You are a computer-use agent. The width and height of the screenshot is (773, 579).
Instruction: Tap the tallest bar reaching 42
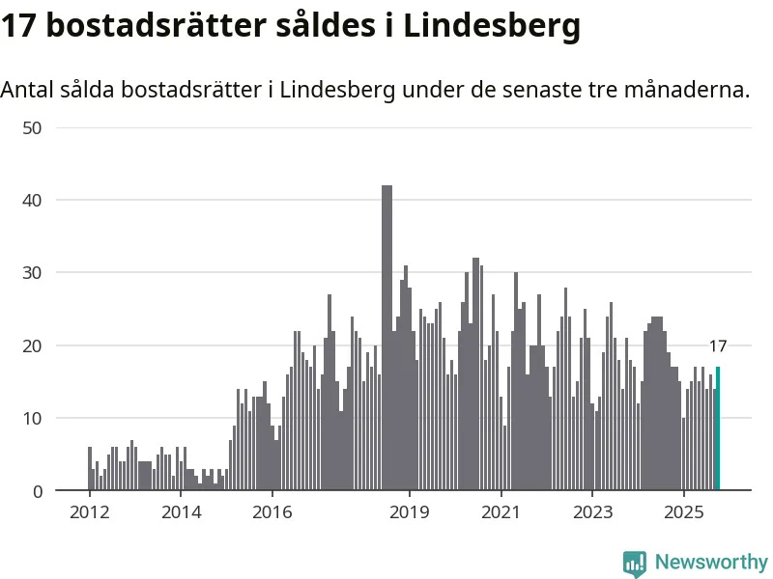pos(386,338)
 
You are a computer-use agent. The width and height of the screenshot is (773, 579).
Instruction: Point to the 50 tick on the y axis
pos(33,127)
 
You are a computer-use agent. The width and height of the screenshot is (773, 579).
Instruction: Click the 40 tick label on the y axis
pos(33,200)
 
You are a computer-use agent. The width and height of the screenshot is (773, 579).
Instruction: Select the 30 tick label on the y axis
pos(33,273)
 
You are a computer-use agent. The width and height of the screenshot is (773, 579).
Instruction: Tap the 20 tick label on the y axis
pos(33,345)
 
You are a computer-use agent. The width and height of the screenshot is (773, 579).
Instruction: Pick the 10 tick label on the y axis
pos(33,418)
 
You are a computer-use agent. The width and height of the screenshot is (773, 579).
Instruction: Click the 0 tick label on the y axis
pos(38,491)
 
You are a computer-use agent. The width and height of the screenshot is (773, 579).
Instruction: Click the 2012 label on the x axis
pos(89,511)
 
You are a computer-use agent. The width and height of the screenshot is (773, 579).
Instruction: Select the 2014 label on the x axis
pos(181,511)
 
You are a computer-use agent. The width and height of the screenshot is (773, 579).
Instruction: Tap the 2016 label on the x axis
pos(272,511)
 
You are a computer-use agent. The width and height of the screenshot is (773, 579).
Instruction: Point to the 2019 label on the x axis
pos(410,511)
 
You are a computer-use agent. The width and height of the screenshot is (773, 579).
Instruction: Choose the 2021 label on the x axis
pos(501,511)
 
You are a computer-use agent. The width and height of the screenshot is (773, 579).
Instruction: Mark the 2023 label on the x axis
pos(592,511)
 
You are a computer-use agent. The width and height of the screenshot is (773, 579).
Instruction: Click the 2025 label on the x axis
pos(684,511)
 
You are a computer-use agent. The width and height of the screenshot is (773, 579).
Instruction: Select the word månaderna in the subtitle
pos(687,91)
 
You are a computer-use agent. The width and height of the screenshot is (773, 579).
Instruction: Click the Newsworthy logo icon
pos(635,563)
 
